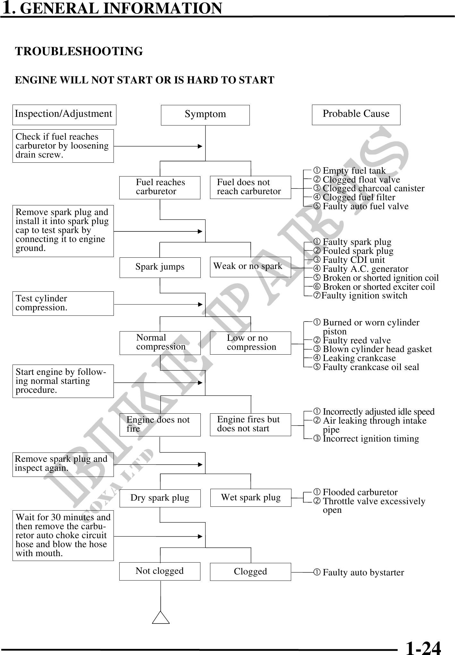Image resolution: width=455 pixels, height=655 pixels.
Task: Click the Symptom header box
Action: coord(205,115)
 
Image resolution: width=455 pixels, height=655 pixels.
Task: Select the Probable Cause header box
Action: coord(356,115)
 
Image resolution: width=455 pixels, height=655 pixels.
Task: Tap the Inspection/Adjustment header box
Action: coord(64,115)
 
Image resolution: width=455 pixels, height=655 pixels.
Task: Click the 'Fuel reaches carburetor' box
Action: coord(160,187)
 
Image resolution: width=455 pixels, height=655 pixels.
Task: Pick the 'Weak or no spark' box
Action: coord(250,267)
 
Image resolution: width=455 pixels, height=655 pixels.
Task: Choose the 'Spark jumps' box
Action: coord(160,267)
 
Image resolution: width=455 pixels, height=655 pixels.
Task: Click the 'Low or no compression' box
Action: coord(250,343)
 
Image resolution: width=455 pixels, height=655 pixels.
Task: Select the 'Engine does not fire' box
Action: coord(160,425)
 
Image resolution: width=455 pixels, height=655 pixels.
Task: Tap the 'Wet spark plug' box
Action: coord(251,498)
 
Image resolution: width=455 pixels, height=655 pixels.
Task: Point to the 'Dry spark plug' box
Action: coord(160,498)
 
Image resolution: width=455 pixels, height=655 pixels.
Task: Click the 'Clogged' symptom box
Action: coord(250,572)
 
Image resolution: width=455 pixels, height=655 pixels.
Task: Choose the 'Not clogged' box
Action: coord(160,571)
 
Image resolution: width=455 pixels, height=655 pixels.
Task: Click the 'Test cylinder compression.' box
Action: coord(63,303)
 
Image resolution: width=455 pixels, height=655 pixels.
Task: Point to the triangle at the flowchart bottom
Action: coord(161,617)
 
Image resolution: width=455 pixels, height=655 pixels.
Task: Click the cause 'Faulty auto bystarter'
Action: coord(363,573)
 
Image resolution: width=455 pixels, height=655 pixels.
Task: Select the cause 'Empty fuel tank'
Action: coord(354,171)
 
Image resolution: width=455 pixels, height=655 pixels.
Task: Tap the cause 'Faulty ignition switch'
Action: coord(364,296)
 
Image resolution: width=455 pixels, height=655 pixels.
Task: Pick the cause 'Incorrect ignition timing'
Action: coord(370,439)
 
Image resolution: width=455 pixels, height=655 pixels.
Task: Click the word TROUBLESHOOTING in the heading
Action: coord(79,51)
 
